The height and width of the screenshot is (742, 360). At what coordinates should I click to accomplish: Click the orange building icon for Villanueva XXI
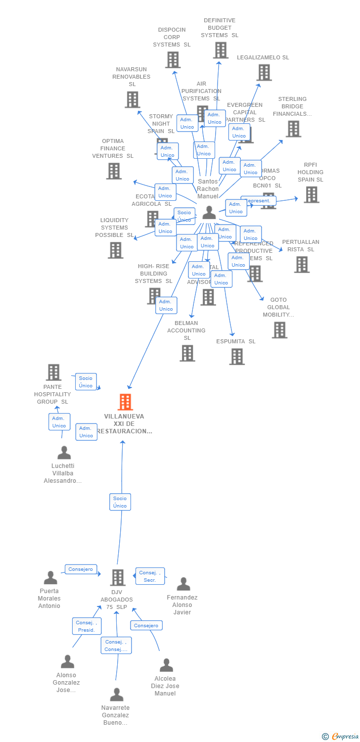click(126, 402)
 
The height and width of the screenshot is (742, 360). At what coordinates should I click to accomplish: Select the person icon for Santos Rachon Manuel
click(209, 213)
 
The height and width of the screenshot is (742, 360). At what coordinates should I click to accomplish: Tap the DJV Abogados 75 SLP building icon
click(118, 577)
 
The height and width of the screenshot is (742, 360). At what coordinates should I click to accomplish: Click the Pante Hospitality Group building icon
click(53, 372)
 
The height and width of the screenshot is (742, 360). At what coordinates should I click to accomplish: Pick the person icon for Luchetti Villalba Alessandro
click(64, 453)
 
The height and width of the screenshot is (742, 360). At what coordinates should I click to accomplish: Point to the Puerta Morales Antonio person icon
click(50, 577)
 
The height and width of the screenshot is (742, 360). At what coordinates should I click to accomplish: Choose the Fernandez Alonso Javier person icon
click(183, 584)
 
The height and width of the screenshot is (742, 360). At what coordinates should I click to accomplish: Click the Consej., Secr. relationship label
click(150, 576)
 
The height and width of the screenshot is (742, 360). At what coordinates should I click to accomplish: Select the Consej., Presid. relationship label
click(86, 626)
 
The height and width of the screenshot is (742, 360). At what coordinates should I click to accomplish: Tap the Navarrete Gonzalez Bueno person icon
click(117, 695)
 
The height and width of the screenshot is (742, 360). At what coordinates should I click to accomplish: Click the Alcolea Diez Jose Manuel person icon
click(167, 665)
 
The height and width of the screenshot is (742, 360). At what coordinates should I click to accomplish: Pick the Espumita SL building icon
click(237, 356)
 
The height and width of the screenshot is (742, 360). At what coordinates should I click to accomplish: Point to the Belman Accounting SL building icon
click(187, 353)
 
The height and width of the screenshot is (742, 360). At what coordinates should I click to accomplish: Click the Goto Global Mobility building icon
click(279, 330)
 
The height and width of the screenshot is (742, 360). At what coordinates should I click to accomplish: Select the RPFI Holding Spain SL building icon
click(311, 194)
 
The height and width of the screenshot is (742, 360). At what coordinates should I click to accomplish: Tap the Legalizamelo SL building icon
click(264, 73)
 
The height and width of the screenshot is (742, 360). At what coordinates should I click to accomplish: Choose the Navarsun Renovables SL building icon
click(132, 99)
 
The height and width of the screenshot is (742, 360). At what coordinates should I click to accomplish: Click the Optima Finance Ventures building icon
click(114, 171)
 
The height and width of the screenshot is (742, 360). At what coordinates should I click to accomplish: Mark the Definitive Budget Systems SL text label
click(220, 28)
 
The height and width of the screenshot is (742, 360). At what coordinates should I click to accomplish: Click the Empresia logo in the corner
click(341, 737)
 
